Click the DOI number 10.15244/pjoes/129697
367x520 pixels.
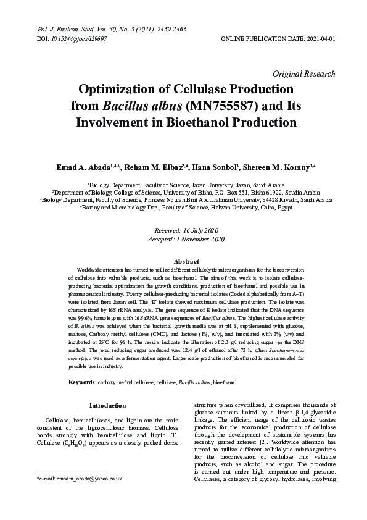click(x=72, y=38)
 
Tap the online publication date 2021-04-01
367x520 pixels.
click(x=318, y=38)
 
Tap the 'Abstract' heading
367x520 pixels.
click(x=183, y=261)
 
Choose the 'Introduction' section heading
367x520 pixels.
click(x=107, y=405)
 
